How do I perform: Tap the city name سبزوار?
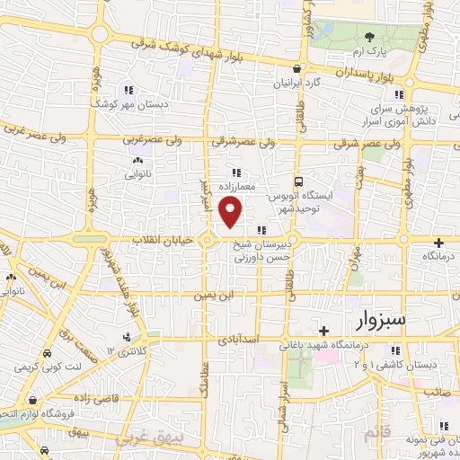380,321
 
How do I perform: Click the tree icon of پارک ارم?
369,37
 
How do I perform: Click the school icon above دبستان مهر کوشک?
129,89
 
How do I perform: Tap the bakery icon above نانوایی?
137,160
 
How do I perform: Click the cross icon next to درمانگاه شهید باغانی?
323,331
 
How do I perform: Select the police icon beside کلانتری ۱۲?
127,338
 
